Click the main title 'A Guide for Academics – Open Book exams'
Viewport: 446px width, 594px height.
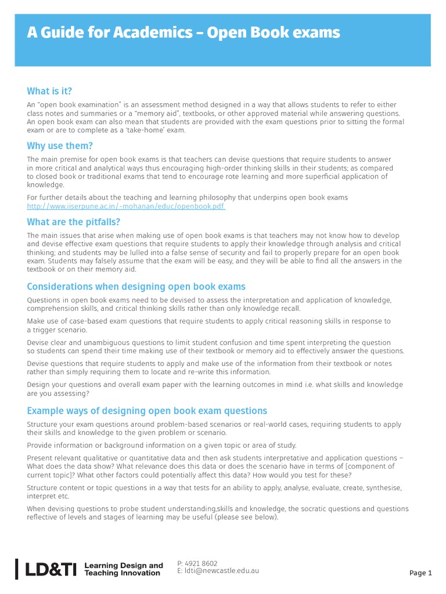click(184, 33)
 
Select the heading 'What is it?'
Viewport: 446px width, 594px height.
click(49, 91)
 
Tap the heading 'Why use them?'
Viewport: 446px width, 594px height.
click(60, 146)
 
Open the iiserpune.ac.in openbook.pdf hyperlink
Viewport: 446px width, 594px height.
click(126, 207)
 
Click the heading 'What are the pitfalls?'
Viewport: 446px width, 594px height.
click(73, 222)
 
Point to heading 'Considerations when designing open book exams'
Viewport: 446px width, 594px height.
click(136, 287)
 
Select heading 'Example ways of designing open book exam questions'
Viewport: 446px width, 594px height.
click(147, 411)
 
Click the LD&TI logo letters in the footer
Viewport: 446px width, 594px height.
click(51, 569)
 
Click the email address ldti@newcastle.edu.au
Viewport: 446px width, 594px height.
click(222, 571)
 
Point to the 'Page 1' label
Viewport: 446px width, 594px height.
click(420, 573)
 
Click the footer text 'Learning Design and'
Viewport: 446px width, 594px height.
click(124, 565)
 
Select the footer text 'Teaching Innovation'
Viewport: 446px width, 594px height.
click(122, 573)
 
